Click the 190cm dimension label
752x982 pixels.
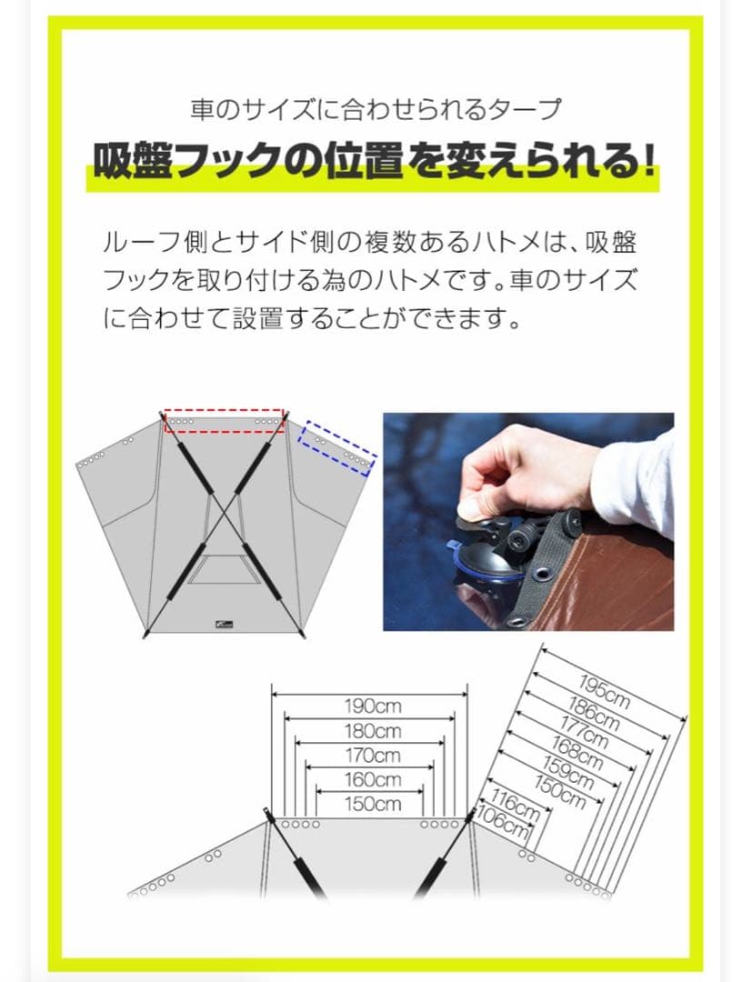(373, 706)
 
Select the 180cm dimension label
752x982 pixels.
(373, 730)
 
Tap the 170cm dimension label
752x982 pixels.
(373, 755)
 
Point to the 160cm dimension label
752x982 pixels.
(373, 779)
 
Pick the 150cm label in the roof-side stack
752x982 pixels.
(373, 804)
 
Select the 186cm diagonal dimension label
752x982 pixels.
(595, 716)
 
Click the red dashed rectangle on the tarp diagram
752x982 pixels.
(224, 421)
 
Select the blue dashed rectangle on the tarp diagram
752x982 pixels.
(337, 447)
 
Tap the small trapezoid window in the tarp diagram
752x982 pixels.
(224, 569)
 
